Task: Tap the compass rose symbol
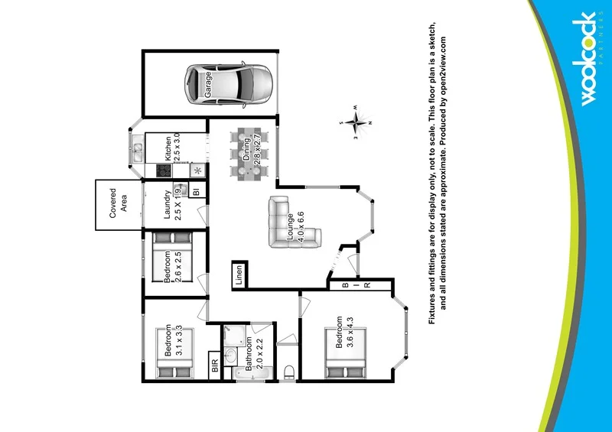click(354, 122)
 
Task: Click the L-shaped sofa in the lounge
click(288, 222)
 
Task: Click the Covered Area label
click(118, 204)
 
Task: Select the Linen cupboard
click(239, 273)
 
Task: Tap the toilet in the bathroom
click(289, 371)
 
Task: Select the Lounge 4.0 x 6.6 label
click(295, 226)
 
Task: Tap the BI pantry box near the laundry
click(197, 191)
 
